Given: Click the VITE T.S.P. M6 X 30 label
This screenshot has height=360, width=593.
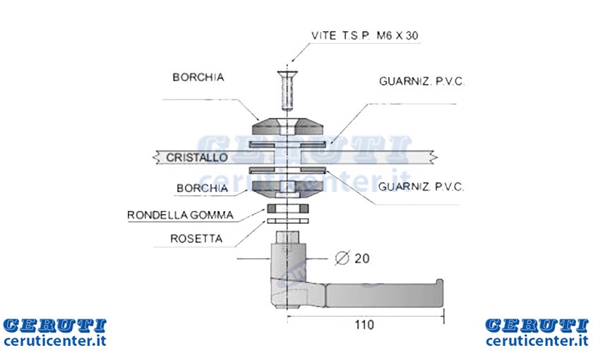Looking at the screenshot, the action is [364, 35].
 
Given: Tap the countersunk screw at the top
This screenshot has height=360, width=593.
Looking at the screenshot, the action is [287, 91].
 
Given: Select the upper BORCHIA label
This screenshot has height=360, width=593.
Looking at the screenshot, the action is [198, 77].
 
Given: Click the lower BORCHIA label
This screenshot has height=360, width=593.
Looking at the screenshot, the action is [203, 188].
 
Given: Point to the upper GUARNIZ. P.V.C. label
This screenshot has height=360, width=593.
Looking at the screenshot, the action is [421, 81].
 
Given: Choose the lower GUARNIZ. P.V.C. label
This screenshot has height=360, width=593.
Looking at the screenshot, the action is [421, 187].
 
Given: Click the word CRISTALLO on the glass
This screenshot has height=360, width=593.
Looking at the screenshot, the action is [197, 157].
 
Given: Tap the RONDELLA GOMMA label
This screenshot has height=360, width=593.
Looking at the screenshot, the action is [181, 215].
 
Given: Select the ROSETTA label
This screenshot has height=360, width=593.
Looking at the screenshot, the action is [196, 239].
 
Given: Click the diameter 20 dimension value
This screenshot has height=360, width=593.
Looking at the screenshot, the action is [361, 258].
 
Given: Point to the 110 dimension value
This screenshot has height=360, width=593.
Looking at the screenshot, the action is [364, 325].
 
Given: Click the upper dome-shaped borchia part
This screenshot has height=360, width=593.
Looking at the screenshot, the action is [288, 126].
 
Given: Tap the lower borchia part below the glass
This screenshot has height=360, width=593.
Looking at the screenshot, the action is [288, 189].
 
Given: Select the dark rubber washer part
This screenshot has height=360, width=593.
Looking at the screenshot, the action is [288, 208].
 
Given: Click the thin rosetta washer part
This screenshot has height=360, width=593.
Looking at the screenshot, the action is [288, 221].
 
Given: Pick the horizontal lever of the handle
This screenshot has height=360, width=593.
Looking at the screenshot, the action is [384, 295].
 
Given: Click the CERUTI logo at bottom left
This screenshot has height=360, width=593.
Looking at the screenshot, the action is [55, 325].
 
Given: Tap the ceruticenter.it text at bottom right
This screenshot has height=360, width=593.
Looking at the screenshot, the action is [537, 341].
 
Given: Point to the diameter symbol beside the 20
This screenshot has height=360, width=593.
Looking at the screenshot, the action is [342, 258].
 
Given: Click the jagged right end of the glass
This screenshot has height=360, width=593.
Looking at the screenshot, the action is [434, 157].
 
